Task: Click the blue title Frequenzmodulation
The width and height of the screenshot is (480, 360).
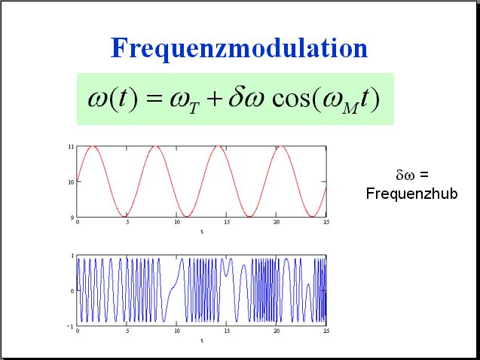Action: tap(239, 48)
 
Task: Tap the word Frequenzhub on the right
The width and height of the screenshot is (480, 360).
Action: tap(411, 194)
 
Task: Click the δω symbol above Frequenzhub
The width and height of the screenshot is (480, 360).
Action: tap(405, 175)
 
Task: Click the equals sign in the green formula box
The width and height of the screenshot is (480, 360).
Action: tap(154, 99)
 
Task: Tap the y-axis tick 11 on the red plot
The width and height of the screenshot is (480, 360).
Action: tap(71, 147)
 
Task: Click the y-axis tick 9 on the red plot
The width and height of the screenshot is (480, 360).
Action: tap(72, 218)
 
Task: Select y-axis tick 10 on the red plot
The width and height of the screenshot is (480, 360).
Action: tap(71, 182)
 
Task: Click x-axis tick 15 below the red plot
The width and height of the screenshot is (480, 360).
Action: tap(227, 222)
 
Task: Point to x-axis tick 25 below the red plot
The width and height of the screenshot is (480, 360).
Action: tap(326, 222)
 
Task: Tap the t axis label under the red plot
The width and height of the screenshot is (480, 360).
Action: tap(202, 232)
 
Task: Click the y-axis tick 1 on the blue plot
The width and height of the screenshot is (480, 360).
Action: tap(72, 255)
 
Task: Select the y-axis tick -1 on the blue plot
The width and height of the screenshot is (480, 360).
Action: tap(70, 327)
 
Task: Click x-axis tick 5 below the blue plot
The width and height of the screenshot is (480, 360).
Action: tap(127, 331)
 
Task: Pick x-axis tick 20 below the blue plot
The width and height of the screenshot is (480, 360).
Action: tap(277, 331)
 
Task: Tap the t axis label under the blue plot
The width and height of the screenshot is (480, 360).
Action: tap(202, 340)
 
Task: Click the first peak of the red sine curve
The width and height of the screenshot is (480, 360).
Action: tap(93, 147)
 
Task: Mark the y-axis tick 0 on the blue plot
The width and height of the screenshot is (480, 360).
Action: tap(72, 291)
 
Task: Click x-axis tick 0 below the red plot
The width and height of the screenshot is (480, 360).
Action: tap(78, 222)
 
